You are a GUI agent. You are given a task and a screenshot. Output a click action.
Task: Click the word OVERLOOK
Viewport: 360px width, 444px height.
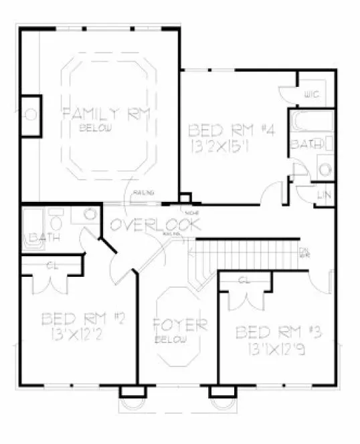pyautogui.click(x=155, y=225)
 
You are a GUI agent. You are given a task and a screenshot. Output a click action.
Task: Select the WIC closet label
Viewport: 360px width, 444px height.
pyautogui.click(x=312, y=95)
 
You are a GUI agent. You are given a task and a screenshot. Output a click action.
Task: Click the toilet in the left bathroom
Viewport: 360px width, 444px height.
pyautogui.click(x=56, y=220)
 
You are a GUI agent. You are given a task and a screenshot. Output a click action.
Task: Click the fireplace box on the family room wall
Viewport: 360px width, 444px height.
pyautogui.click(x=31, y=116)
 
